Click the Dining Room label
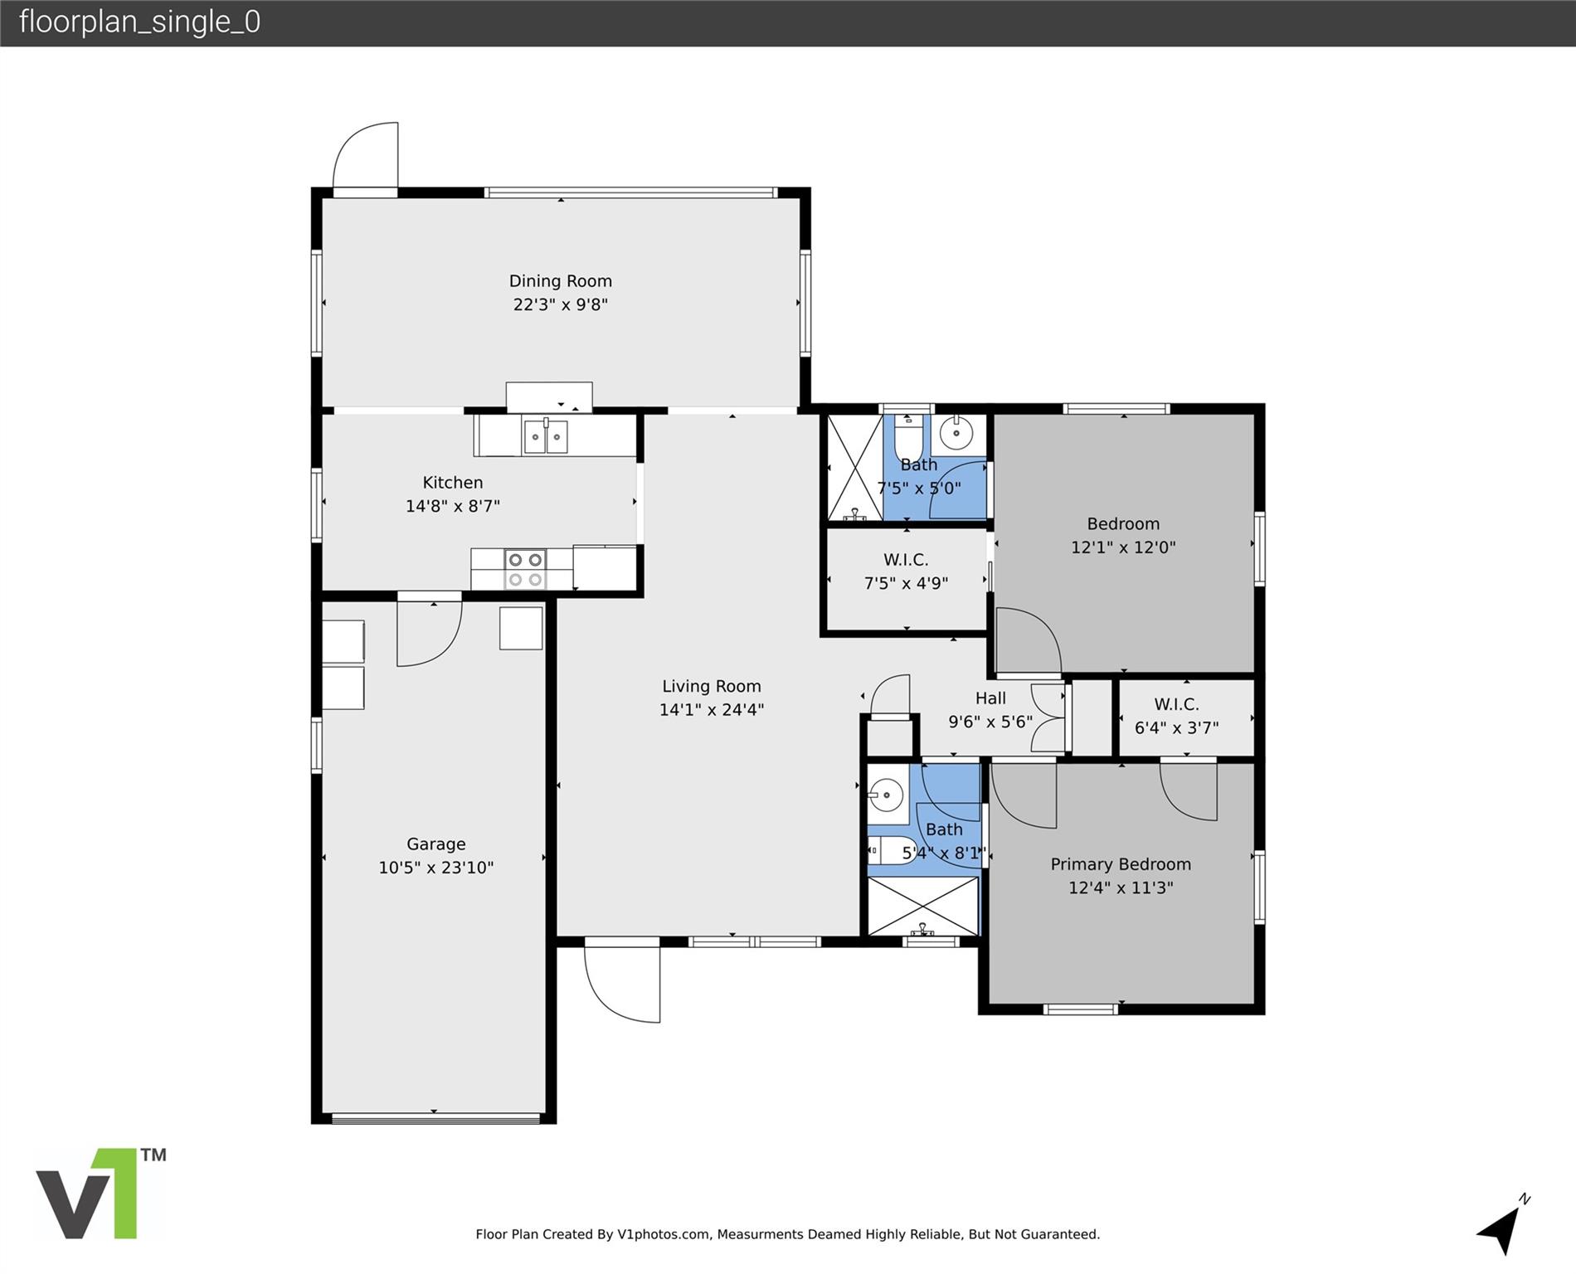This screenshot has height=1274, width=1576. [560, 281]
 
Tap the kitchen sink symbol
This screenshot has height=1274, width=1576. [545, 436]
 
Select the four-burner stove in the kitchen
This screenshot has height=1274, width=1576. [525, 570]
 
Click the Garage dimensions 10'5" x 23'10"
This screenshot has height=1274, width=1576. [436, 868]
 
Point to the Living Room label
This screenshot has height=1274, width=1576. [711, 686]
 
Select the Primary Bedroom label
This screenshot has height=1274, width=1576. [1120, 864]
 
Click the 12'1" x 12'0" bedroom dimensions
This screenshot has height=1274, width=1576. [1123, 547]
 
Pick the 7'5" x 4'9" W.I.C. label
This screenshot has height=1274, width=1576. [906, 571]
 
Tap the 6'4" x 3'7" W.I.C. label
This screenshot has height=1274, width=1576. [1176, 716]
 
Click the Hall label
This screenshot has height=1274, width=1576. [990, 698]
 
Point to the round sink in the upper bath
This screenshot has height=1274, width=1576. [956, 433]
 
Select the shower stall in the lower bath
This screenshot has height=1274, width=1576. [922, 906]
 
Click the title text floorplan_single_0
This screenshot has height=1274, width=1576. [139, 22]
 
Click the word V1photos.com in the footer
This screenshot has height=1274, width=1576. [664, 1234]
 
